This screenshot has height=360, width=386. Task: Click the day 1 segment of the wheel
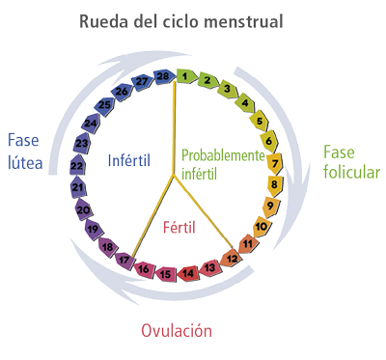pyautogui.click(x=183, y=75)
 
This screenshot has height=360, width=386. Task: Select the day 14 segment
pyautogui.click(x=188, y=273)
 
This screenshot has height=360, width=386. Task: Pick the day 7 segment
pyautogui.click(x=275, y=161)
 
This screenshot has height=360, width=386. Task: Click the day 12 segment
pyautogui.click(x=231, y=258)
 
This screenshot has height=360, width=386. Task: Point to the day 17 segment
pyautogui.click(x=124, y=259)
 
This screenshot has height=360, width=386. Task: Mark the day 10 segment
pyautogui.click(x=262, y=227)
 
